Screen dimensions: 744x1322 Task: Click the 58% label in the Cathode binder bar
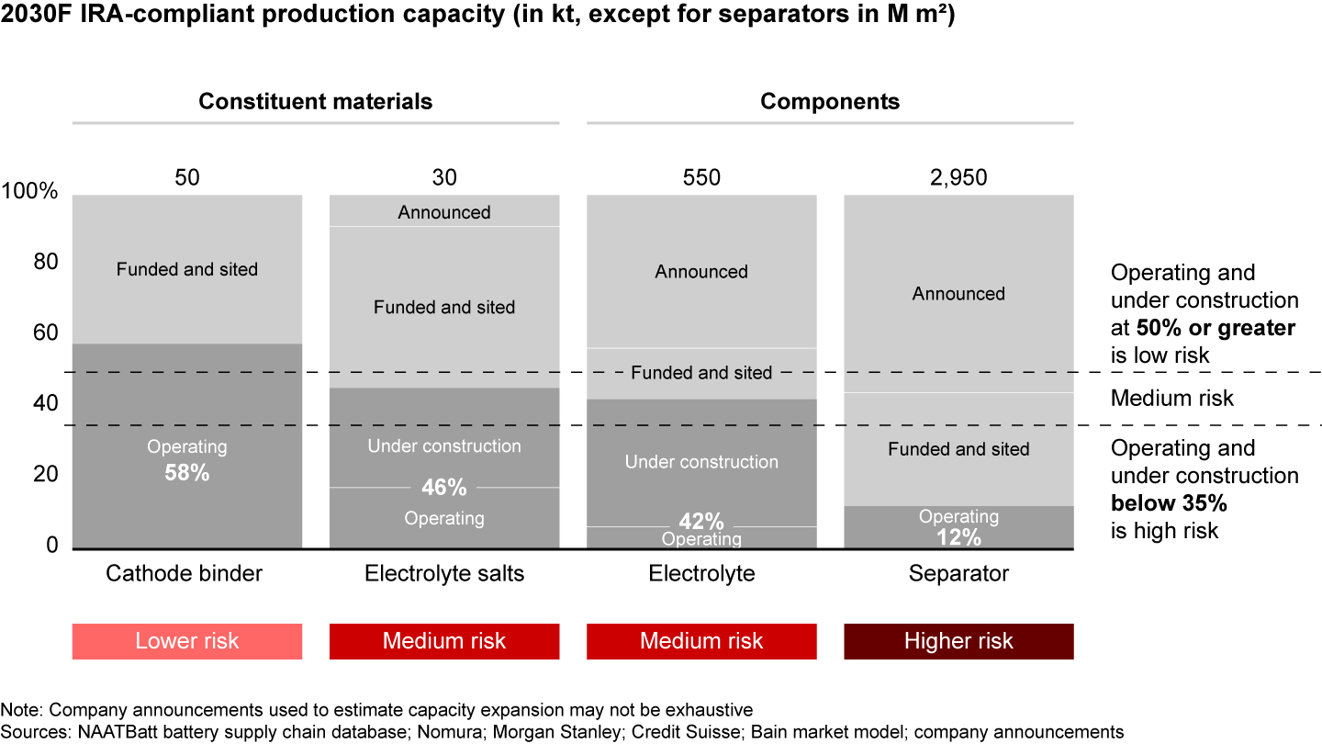click(187, 474)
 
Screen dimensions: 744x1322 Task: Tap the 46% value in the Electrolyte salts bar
click(444, 487)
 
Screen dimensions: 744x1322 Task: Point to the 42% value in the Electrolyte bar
click(701, 521)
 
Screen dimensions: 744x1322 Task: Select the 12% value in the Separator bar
click(958, 537)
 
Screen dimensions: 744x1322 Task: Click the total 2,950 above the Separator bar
click(958, 177)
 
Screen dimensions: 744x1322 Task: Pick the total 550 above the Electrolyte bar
click(701, 177)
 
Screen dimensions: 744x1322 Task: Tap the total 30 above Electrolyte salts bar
click(444, 177)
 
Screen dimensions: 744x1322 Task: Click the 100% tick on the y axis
click(30, 193)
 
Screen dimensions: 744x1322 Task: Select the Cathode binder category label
click(185, 574)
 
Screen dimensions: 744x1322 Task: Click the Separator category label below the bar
click(958, 574)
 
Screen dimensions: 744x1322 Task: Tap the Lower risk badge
click(187, 641)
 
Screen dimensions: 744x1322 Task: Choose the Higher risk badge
click(958, 641)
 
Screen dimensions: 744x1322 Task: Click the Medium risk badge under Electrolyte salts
click(444, 641)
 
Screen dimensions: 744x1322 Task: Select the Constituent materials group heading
click(315, 101)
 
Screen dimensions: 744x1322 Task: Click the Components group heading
click(830, 101)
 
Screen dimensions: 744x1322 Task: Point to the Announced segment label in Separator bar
click(958, 294)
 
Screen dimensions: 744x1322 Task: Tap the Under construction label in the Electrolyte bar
click(701, 462)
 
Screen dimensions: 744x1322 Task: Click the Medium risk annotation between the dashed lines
click(1172, 399)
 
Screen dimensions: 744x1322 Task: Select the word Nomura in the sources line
click(371, 732)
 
